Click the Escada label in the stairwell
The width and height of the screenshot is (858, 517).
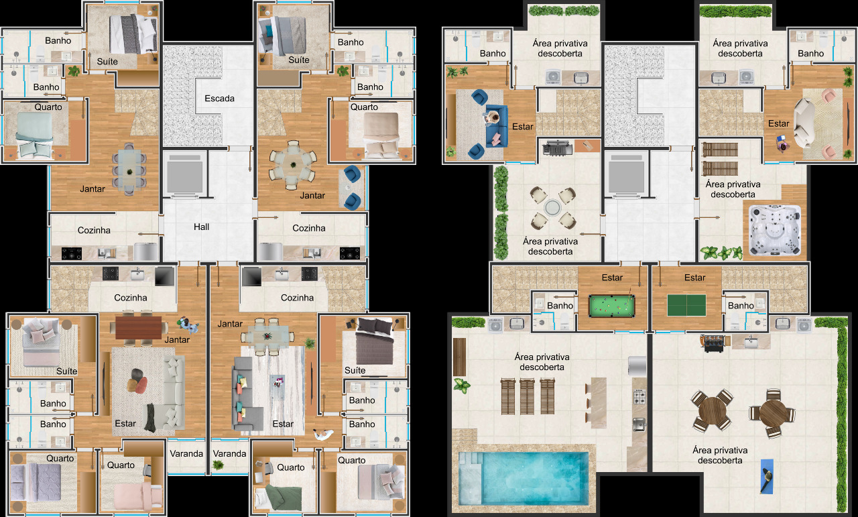pos(219,99)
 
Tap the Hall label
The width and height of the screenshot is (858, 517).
pos(202,227)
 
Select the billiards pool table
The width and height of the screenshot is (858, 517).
pos(611,306)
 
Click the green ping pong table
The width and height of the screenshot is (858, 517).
pos(686,305)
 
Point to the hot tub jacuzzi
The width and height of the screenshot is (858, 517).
pos(774,230)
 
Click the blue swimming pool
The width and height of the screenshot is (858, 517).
pos(524,478)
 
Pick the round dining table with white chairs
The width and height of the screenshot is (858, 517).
pos(293,165)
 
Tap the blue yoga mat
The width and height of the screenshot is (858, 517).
pos(767,476)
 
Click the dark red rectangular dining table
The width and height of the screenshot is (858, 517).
pos(138,328)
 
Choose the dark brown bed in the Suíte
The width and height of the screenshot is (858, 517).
pos(375,341)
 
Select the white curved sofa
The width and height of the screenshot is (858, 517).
pos(803,123)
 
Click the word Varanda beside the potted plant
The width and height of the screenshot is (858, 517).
pos(229,454)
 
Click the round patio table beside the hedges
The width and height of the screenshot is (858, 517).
pos(552,208)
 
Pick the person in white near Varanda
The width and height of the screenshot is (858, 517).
pos(322,435)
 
